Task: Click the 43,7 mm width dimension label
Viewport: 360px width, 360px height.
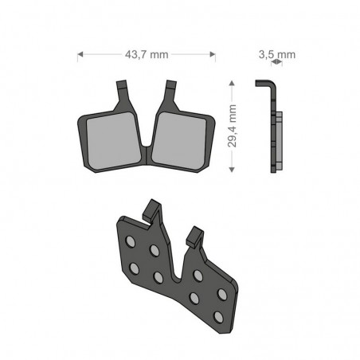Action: (x=147, y=54)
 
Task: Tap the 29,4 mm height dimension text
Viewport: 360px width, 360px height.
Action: (x=232, y=126)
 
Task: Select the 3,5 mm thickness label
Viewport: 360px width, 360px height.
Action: (x=277, y=54)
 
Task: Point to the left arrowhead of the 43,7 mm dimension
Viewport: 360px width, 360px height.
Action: (x=80, y=54)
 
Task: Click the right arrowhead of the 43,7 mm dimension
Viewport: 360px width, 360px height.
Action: (x=213, y=54)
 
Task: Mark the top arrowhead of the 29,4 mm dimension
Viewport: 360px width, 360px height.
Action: (x=232, y=83)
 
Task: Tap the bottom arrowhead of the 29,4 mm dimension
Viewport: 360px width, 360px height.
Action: (x=232, y=170)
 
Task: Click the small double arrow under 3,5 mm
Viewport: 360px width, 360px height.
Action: (x=276, y=62)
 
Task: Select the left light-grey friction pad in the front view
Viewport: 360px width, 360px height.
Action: (x=114, y=141)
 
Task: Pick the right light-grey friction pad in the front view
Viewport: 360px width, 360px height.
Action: (x=179, y=141)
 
